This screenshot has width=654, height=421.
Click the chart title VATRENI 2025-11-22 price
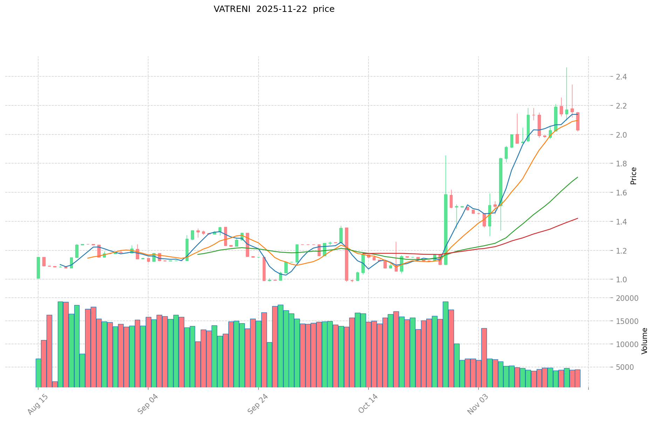click(x=274, y=9)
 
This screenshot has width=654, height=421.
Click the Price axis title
click(x=633, y=176)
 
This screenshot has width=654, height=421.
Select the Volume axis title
click(x=645, y=341)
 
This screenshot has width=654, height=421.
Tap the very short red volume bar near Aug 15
click(x=55, y=384)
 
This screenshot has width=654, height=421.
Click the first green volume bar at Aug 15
click(x=38, y=373)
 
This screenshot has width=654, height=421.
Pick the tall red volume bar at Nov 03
click(x=484, y=357)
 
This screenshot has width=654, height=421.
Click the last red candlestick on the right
click(x=578, y=121)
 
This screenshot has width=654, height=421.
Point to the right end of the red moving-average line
click(x=577, y=218)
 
